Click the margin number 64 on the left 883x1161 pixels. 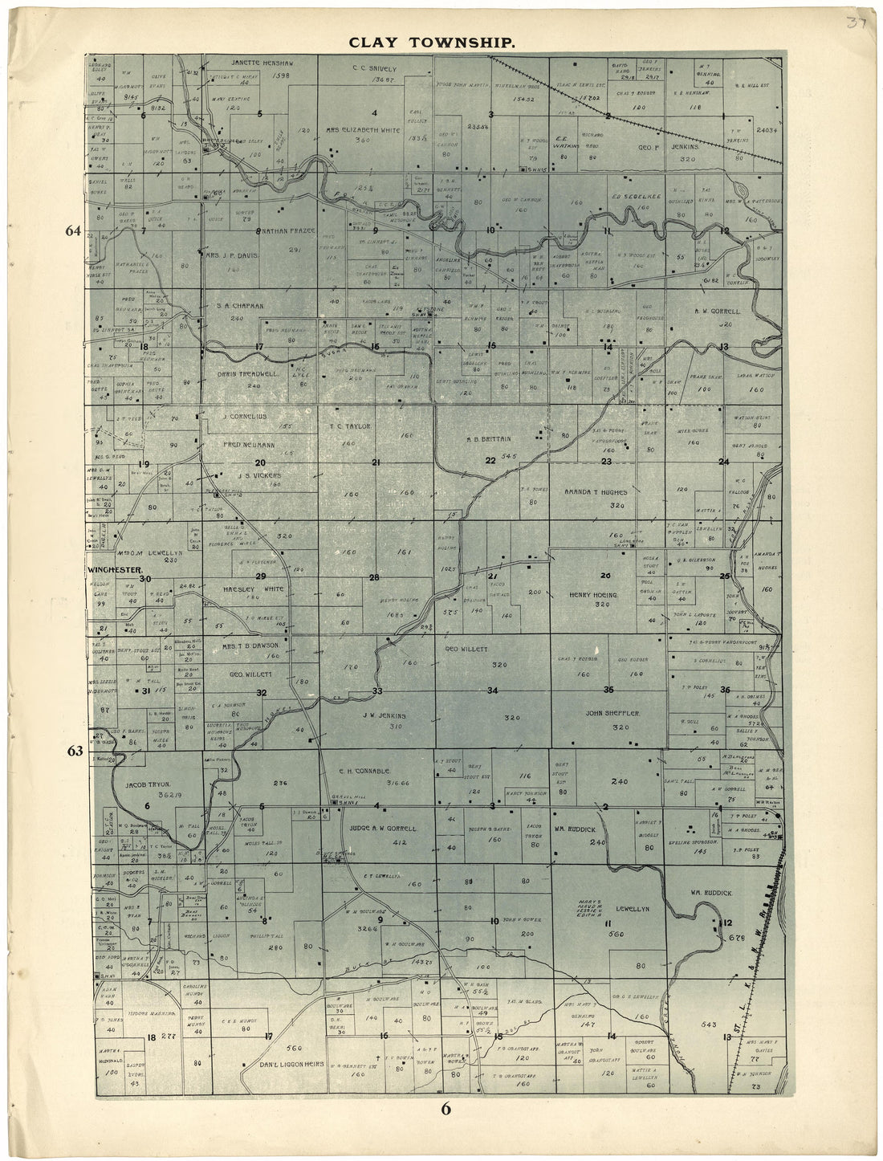pos(74,231)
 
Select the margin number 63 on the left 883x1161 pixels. pos(75,752)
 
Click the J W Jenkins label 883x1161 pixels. pos(385,714)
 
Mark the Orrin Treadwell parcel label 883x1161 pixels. pos(240,374)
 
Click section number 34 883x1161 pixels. pos(493,690)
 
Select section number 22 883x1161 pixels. pos(490,460)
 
